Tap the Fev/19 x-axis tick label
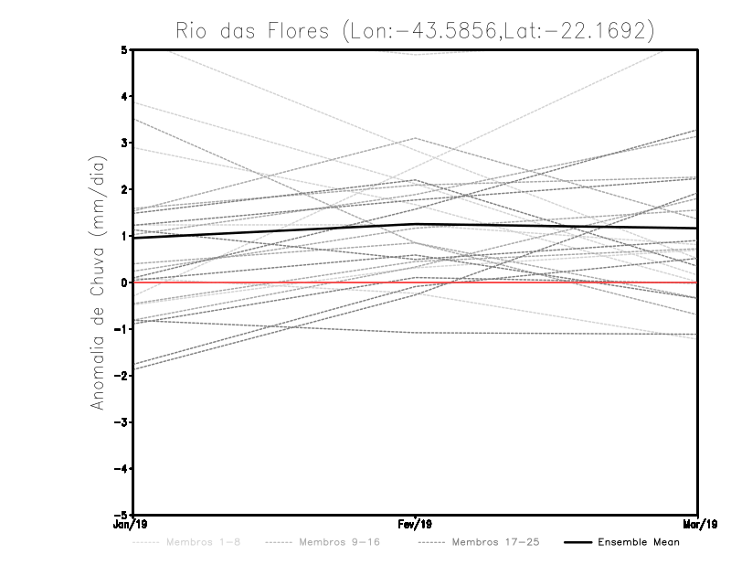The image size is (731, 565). point(415,525)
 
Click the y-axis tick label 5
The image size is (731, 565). point(124,49)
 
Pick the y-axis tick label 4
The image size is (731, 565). point(124,96)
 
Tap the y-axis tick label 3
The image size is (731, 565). point(124,143)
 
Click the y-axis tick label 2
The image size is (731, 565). point(124,189)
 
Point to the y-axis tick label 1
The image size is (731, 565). point(124,236)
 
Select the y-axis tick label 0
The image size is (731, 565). point(124,282)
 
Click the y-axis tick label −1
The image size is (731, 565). point(122,329)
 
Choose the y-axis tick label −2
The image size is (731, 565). point(122,376)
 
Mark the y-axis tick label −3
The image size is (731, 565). point(122,422)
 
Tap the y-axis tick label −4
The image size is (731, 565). point(122,469)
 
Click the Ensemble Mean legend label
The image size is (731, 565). point(639,542)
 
